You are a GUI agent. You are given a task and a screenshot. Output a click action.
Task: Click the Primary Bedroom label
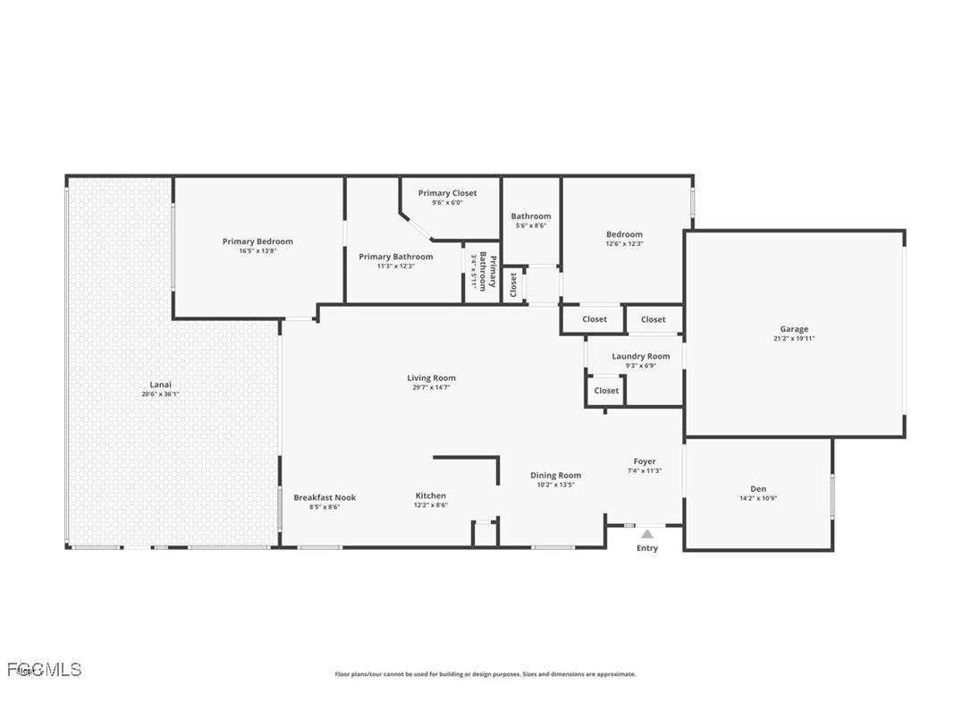[x=258, y=241]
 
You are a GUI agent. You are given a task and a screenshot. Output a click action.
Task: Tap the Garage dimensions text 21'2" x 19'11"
[x=794, y=339]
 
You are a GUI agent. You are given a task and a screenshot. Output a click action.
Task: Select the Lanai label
[x=161, y=385]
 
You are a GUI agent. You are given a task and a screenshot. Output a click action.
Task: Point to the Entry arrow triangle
[x=646, y=534]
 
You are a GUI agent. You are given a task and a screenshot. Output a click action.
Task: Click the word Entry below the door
[x=646, y=548]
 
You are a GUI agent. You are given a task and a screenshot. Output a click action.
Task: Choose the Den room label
[x=758, y=488]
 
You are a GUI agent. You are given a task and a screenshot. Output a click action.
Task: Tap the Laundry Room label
[x=640, y=356]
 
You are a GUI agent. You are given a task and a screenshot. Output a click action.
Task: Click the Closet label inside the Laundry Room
[x=606, y=391]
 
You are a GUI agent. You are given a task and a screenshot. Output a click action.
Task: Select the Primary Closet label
[x=447, y=193]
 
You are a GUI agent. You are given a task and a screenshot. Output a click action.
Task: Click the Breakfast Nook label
[x=325, y=497]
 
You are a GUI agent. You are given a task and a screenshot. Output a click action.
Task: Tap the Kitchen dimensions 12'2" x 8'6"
[x=430, y=505]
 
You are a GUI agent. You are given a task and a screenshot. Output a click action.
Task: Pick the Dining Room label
[x=555, y=476]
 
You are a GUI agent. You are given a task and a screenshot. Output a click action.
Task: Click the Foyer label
[x=644, y=461]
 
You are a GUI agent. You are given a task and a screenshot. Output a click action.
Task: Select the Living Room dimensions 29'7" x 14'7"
[x=431, y=388]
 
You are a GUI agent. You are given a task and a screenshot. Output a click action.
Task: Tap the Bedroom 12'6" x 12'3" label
[x=624, y=234]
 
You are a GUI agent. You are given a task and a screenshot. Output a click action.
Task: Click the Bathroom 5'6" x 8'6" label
[x=531, y=216]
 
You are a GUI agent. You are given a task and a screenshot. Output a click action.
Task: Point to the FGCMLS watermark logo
[x=44, y=669]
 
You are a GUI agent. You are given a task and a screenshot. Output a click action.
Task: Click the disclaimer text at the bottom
[x=485, y=674]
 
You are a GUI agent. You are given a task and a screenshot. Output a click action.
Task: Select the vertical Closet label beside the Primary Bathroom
[x=513, y=284]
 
